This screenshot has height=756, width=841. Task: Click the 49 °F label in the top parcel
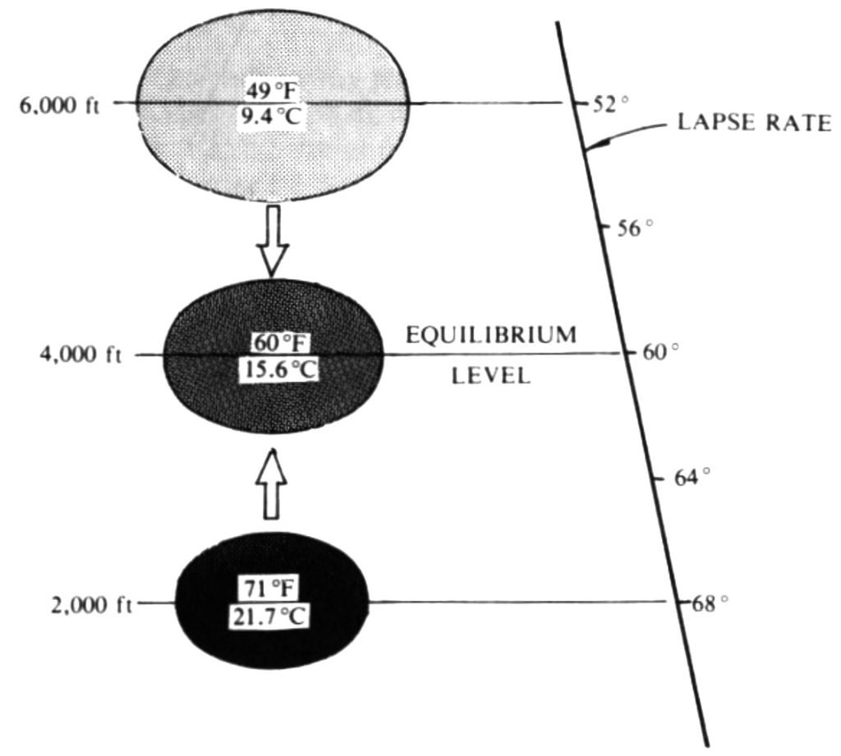pyautogui.click(x=271, y=91)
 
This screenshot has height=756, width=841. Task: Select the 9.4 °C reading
pyautogui.click(x=270, y=115)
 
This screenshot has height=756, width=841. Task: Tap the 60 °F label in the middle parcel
pyautogui.click(x=281, y=343)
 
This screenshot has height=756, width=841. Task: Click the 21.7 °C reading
pyautogui.click(x=269, y=616)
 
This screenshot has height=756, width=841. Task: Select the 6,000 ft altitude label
pyautogui.click(x=59, y=106)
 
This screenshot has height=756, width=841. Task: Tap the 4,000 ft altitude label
pyautogui.click(x=81, y=355)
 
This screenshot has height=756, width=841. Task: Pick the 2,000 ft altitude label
pyautogui.click(x=92, y=605)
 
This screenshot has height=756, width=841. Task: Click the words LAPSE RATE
pyautogui.click(x=755, y=122)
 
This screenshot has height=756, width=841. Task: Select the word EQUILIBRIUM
pyautogui.click(x=491, y=335)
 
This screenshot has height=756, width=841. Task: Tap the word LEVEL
pyautogui.click(x=491, y=376)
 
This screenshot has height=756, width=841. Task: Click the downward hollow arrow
pyautogui.click(x=273, y=241)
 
